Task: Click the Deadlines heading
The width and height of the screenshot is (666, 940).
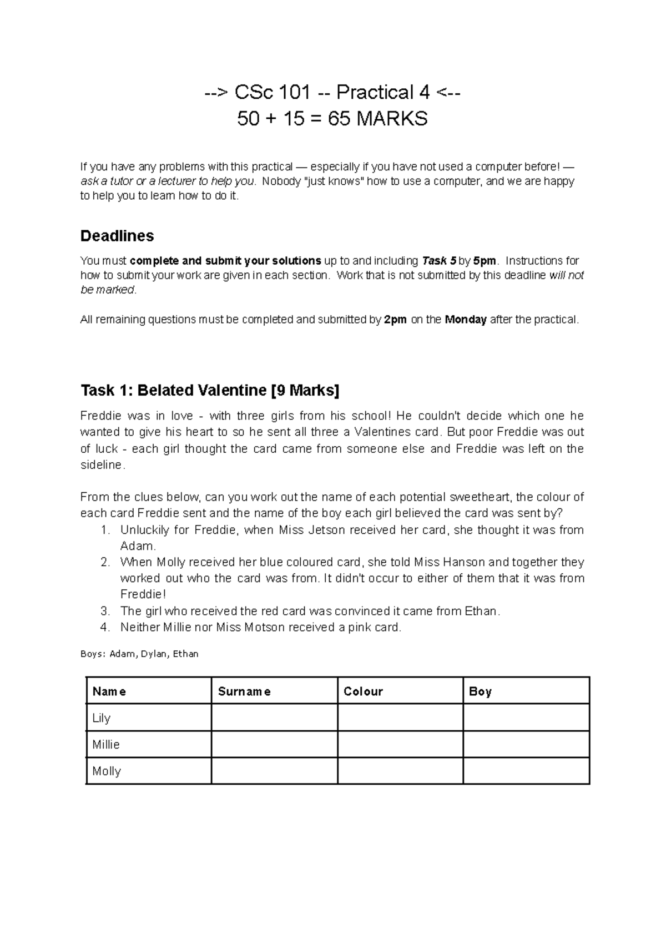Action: pyautogui.click(x=117, y=236)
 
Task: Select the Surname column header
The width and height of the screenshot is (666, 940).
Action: pyautogui.click(x=244, y=691)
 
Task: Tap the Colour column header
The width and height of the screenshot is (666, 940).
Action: pyautogui.click(x=363, y=691)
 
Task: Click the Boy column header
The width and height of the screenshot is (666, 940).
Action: pyautogui.click(x=480, y=691)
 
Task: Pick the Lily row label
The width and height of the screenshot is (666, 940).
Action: pyautogui.click(x=102, y=718)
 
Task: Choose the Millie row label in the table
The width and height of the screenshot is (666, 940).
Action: pyautogui.click(x=106, y=745)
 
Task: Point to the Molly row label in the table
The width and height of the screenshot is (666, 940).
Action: pyautogui.click(x=107, y=771)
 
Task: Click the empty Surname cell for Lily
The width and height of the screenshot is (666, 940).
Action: pyautogui.click(x=274, y=717)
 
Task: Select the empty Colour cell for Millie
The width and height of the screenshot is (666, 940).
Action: pyautogui.click(x=400, y=744)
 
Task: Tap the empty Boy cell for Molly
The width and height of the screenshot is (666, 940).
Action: pyautogui.click(x=526, y=771)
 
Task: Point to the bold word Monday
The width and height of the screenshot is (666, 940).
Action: pyautogui.click(x=466, y=320)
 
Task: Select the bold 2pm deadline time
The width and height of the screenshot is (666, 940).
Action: pyautogui.click(x=395, y=320)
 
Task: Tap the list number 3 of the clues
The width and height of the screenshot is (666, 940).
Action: pyautogui.click(x=105, y=611)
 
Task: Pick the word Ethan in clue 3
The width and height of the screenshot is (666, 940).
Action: pyautogui.click(x=482, y=611)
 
